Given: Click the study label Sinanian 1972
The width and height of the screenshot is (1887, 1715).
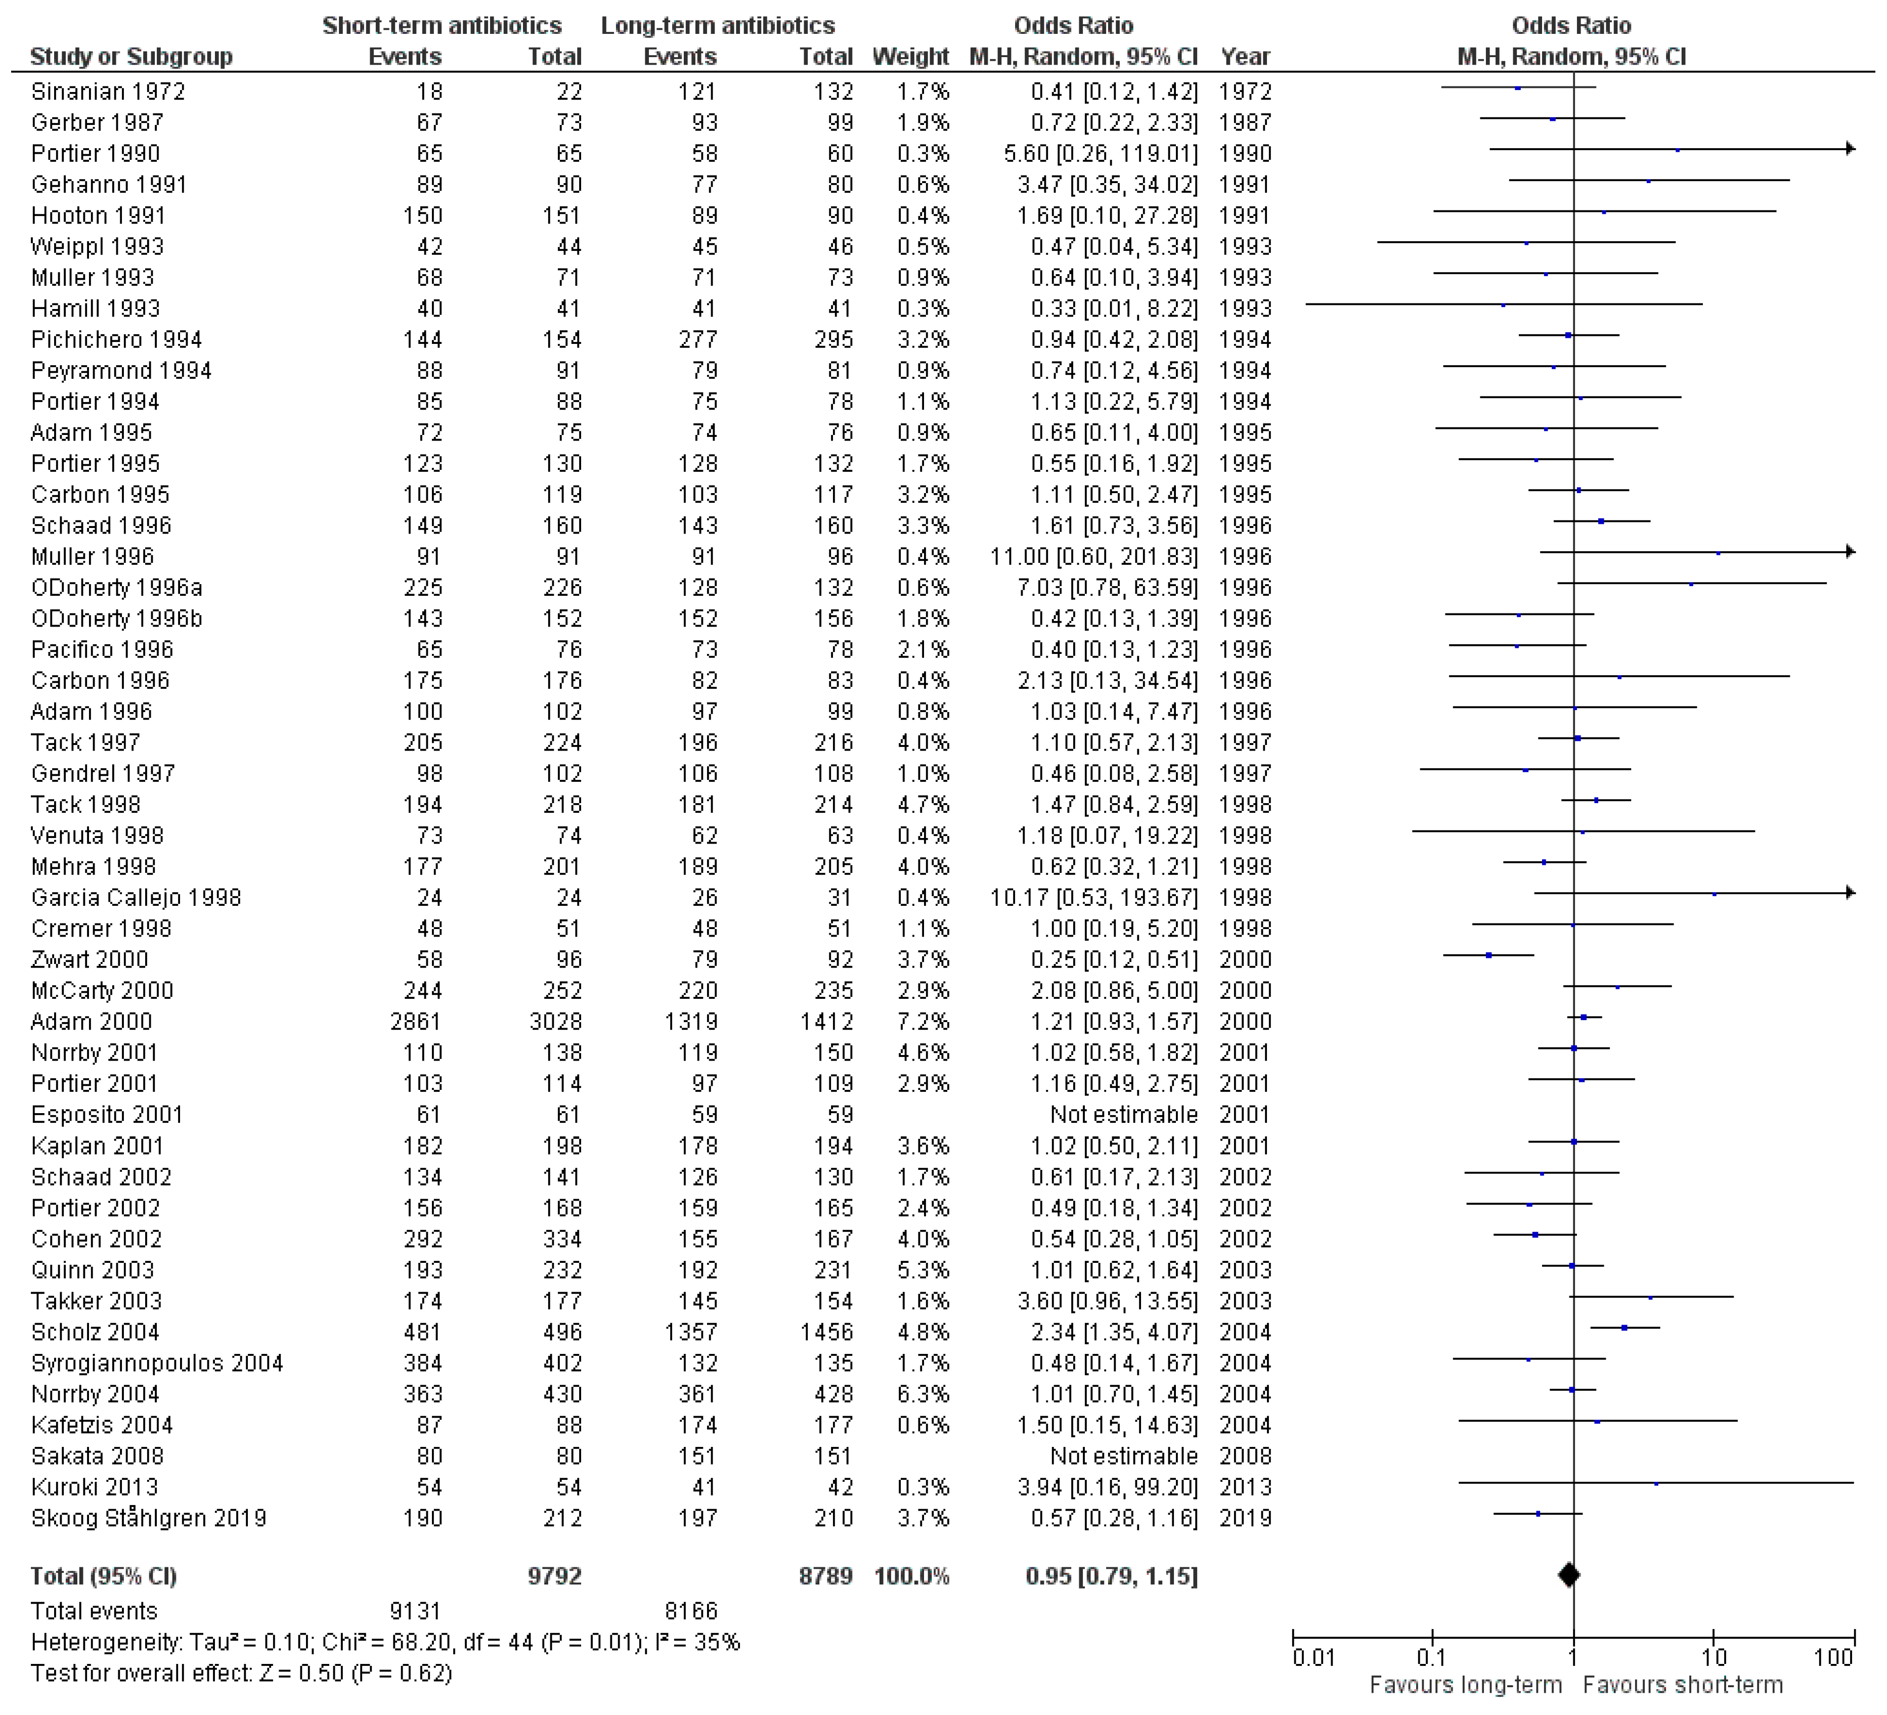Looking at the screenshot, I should [108, 92].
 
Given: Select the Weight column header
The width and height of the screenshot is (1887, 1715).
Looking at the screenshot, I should [910, 57].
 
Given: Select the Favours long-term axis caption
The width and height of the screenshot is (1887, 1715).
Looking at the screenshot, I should [1466, 1685].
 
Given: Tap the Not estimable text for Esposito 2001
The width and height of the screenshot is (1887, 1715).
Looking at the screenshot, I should [1123, 1114].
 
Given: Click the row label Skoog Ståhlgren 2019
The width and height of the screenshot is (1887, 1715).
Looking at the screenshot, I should [149, 1517].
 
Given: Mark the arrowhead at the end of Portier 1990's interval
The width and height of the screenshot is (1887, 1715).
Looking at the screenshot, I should [1850, 149].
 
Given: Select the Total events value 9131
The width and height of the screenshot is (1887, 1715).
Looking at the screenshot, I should [415, 1611].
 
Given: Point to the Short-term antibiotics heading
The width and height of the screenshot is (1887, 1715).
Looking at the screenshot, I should [442, 25].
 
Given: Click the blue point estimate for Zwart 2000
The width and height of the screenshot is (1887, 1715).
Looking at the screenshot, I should [1488, 956].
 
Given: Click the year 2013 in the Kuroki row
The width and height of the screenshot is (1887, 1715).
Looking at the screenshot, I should [1245, 1486].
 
